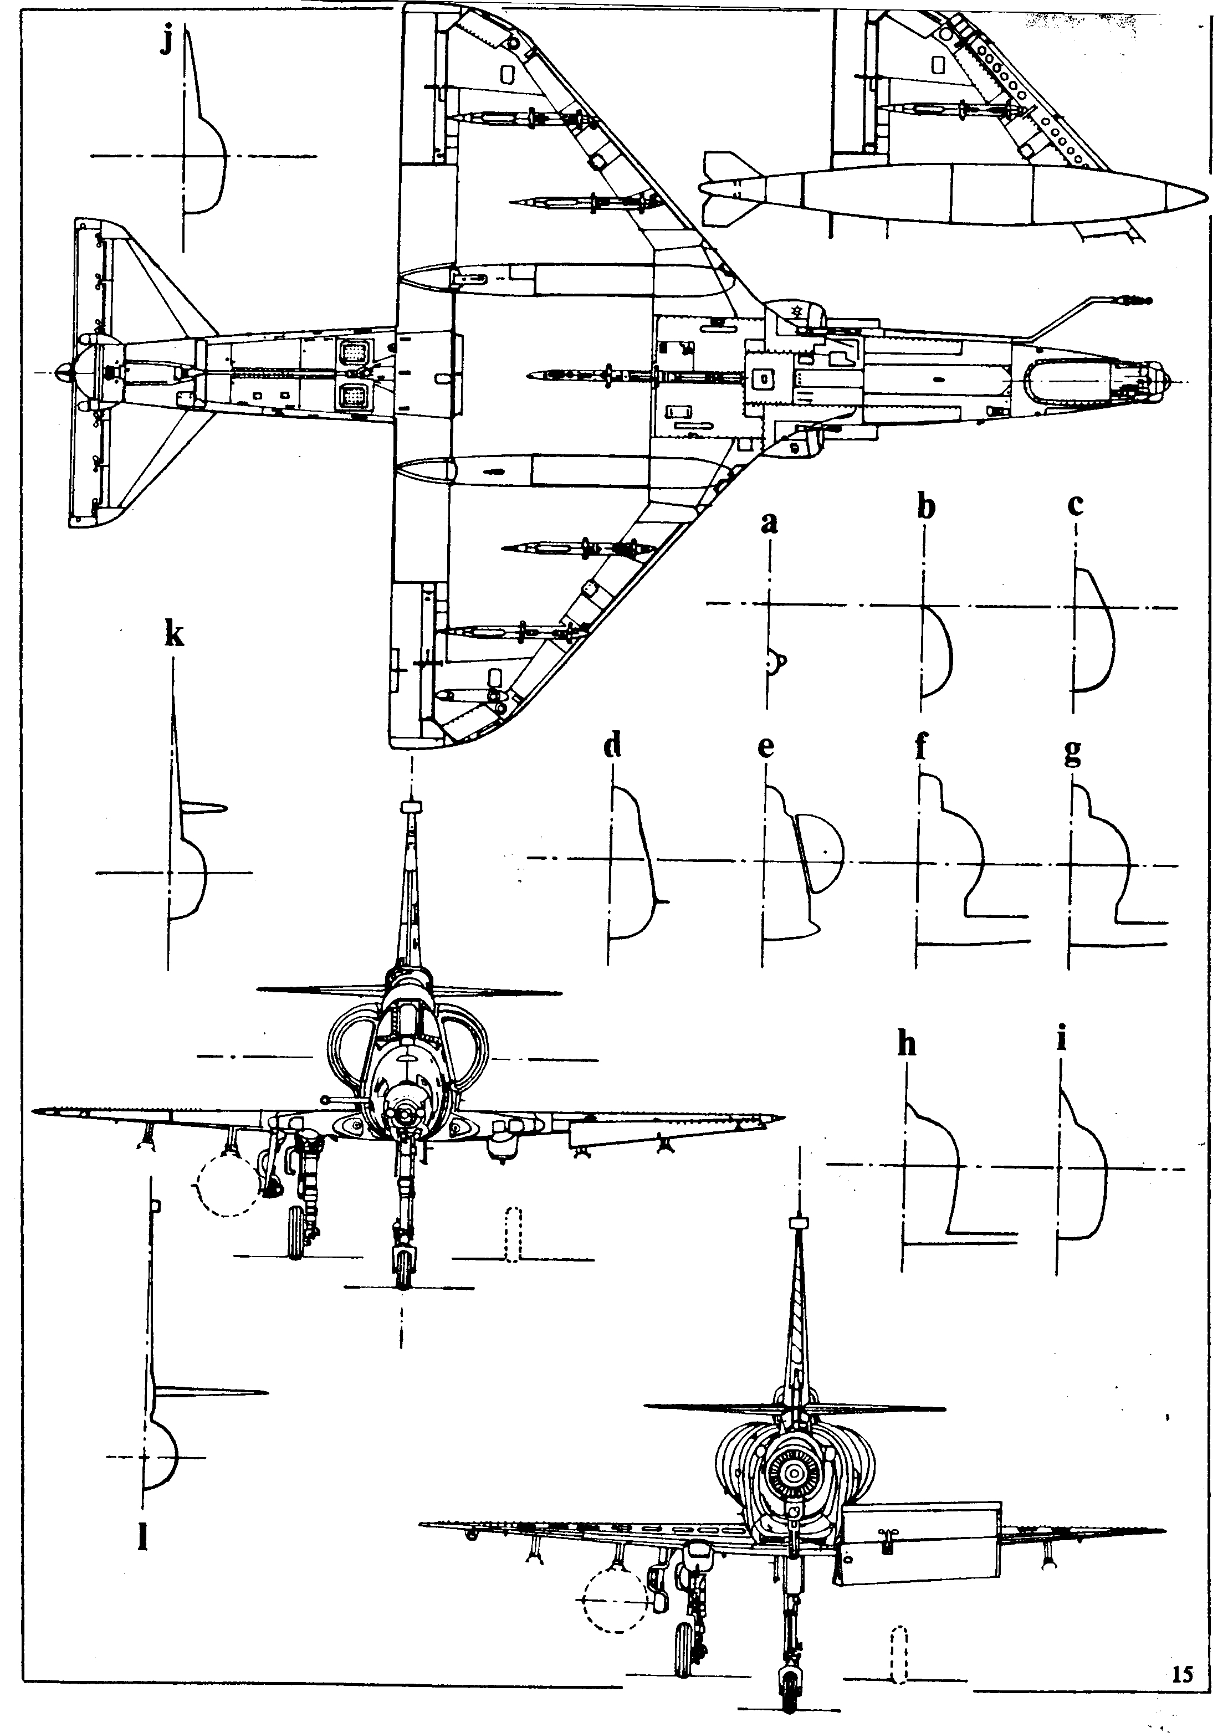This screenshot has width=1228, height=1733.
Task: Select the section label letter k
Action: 174,637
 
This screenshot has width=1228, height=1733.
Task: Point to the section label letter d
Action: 612,746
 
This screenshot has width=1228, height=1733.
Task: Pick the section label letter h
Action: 907,1044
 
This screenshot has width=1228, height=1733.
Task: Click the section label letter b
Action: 925,507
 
